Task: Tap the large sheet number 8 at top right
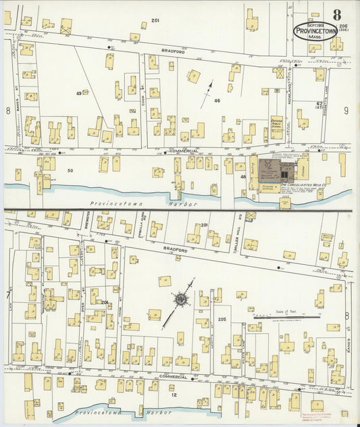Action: [x=336, y=15]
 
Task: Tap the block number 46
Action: [x=217, y=100]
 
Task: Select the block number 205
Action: [x=222, y=319]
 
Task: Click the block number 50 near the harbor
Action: [x=70, y=170]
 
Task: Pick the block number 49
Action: [x=79, y=93]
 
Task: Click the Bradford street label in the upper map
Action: [x=172, y=50]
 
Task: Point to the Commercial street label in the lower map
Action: [x=172, y=376]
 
